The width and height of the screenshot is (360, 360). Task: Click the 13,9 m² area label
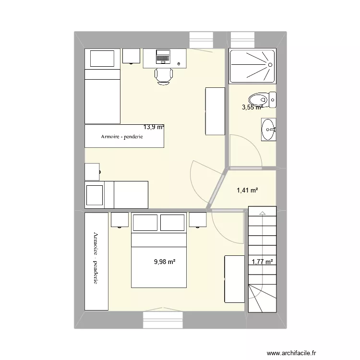(x=154, y=127)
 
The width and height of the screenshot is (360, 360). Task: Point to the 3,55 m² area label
(x=252, y=108)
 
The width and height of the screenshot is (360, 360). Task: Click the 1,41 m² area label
(x=247, y=191)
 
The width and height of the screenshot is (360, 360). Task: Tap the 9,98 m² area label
(x=164, y=262)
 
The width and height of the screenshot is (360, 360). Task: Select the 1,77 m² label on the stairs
(x=262, y=262)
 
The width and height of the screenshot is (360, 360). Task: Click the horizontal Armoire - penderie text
(x=122, y=137)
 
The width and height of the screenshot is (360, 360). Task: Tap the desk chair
(x=163, y=76)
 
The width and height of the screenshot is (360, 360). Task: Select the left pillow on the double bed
(x=145, y=223)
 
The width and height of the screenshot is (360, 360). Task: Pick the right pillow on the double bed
(x=172, y=223)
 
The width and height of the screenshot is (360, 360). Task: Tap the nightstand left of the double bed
(x=120, y=219)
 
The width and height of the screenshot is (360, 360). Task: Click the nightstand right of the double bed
(x=197, y=219)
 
